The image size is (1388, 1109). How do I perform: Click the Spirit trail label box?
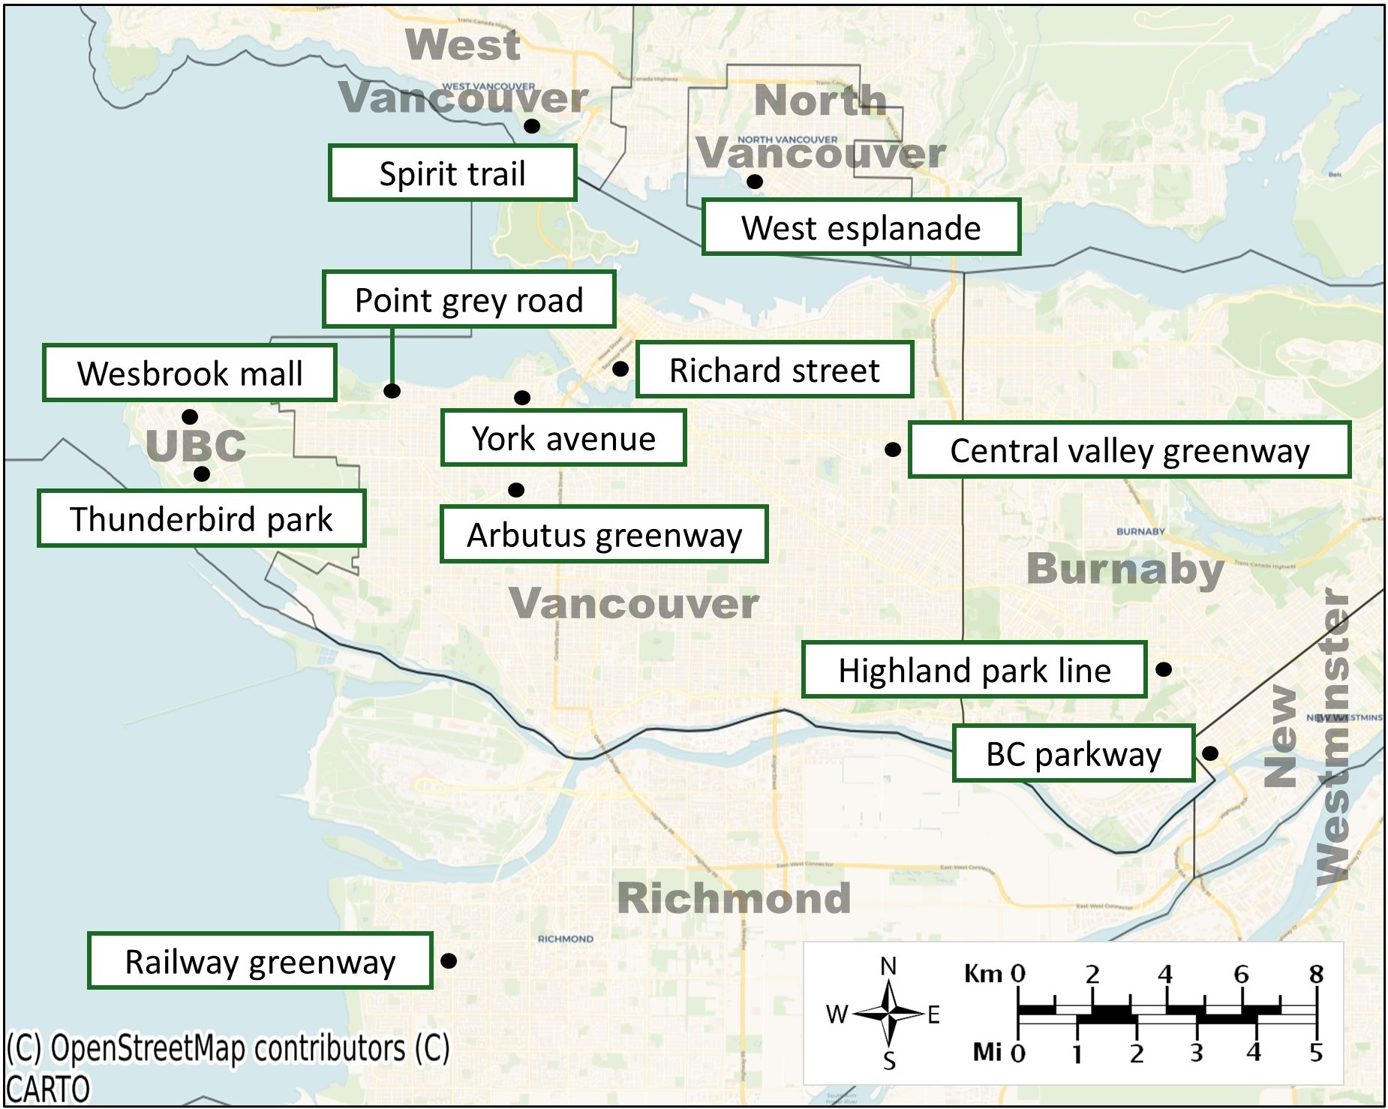(452, 173)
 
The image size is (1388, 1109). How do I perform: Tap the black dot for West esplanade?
(755, 182)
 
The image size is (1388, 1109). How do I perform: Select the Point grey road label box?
(469, 299)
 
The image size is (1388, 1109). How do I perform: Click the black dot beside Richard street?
(620, 368)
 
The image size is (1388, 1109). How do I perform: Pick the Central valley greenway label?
(1129, 450)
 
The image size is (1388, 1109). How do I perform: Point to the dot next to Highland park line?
(1164, 669)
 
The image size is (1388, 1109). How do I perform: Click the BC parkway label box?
(1073, 753)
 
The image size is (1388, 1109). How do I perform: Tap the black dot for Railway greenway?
(449, 960)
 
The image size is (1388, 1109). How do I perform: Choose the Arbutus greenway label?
(604, 534)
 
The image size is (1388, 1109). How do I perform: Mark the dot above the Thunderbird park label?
(202, 474)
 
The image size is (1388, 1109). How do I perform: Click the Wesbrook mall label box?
(190, 373)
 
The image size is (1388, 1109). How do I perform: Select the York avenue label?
(563, 437)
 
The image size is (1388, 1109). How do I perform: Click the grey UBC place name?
(196, 446)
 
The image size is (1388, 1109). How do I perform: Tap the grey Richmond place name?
(734, 898)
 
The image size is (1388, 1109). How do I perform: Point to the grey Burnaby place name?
(1125, 569)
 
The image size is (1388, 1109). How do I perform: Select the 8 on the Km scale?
(1316, 974)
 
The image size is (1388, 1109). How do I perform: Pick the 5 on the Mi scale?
(1316, 1053)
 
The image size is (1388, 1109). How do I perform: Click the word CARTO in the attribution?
(48, 1089)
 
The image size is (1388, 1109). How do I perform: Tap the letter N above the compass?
(888, 966)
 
